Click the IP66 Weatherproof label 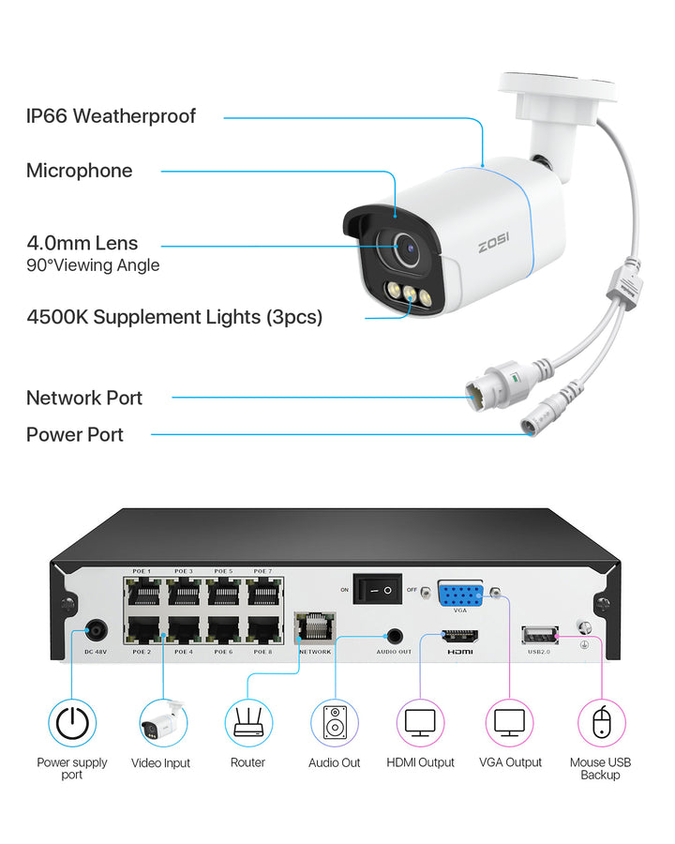click(111, 116)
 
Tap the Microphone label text click(79, 171)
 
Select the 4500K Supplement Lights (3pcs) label click(174, 317)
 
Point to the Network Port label click(84, 398)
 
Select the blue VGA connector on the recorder click(460, 595)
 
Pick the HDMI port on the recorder click(460, 638)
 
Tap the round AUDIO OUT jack click(395, 637)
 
